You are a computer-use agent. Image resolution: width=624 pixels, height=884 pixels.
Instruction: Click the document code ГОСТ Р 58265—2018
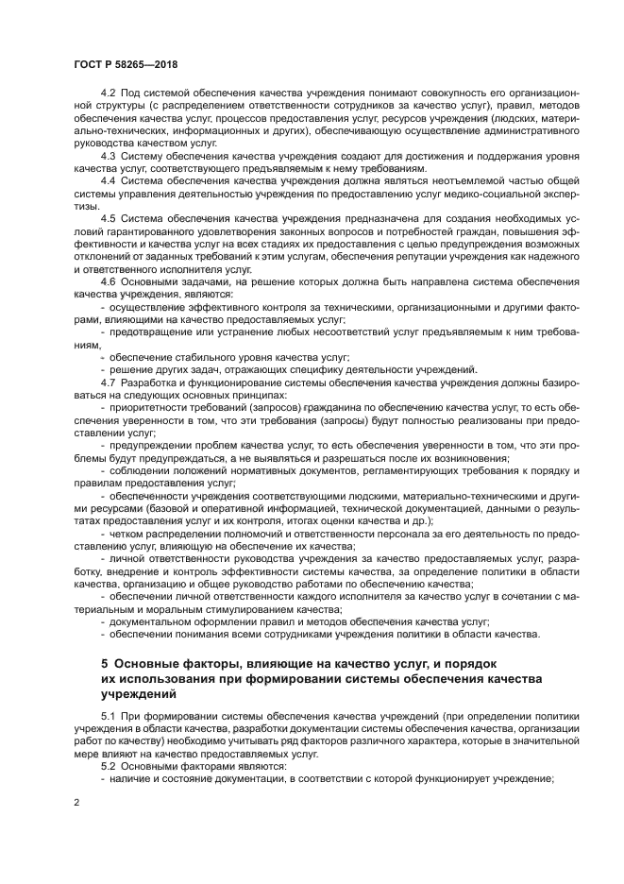click(x=125, y=64)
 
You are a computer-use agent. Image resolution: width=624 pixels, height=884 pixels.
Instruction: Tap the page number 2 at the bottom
click(x=76, y=803)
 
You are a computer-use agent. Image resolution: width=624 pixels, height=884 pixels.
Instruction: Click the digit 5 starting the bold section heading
click(x=105, y=664)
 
